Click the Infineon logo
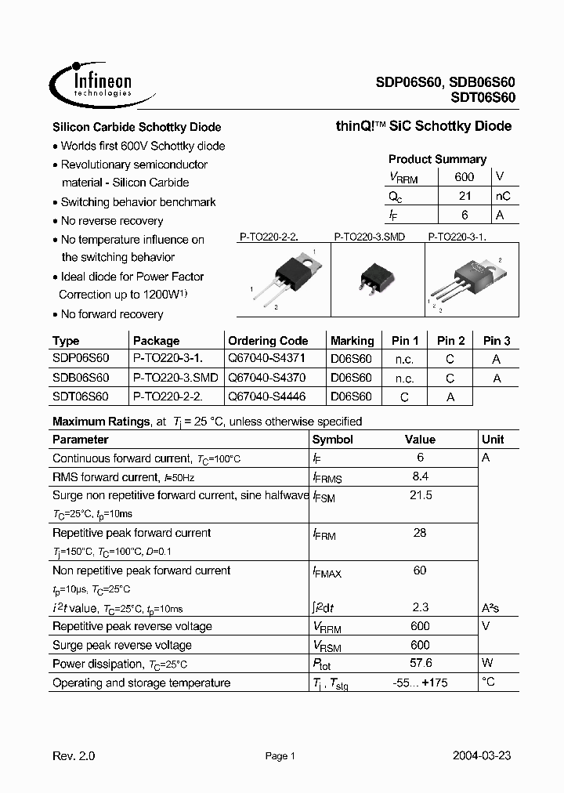[92, 82]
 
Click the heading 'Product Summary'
[437, 159]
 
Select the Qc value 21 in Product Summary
[464, 196]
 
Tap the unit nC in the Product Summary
[503, 196]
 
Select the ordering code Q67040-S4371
[266, 358]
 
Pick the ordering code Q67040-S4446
[266, 396]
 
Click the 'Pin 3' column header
[496, 341]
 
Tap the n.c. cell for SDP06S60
[404, 359]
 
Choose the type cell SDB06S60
[81, 378]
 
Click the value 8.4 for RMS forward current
[420, 476]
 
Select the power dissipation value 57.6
[420, 664]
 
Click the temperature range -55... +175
[421, 683]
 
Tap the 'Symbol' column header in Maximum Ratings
[333, 440]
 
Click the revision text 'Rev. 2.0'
[74, 756]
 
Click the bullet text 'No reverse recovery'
[112, 221]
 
